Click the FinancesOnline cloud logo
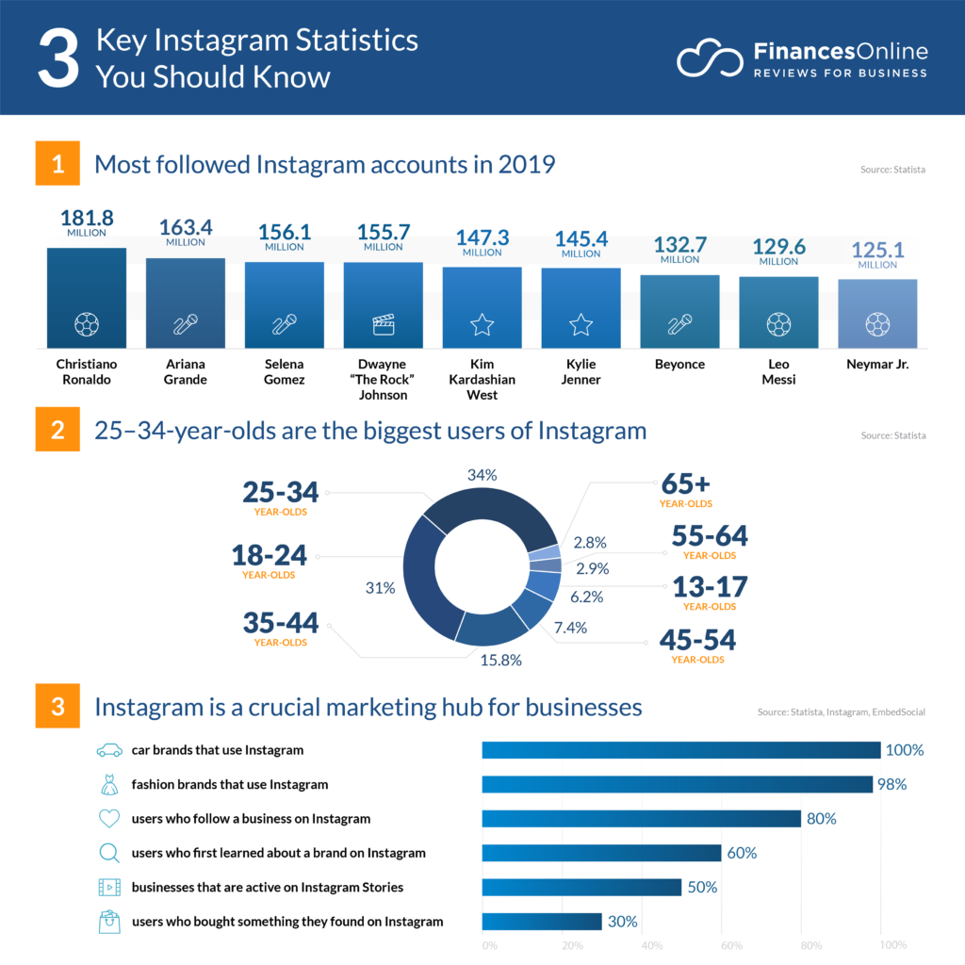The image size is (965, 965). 711,59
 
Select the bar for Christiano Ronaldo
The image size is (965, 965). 87,298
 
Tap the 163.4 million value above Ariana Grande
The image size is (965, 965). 185,229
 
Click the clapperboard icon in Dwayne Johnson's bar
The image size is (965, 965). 383,325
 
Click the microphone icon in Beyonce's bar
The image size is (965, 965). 679,325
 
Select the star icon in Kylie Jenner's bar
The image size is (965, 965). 581,325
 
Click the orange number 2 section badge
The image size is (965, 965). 57,431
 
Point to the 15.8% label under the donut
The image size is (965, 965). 500,660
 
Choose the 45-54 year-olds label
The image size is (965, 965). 697,642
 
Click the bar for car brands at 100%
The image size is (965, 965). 680,750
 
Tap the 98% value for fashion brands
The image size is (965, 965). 891,784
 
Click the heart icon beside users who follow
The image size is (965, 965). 109,819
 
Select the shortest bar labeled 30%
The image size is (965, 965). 541,922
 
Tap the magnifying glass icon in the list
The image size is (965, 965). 109,854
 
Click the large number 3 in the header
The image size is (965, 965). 57,58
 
